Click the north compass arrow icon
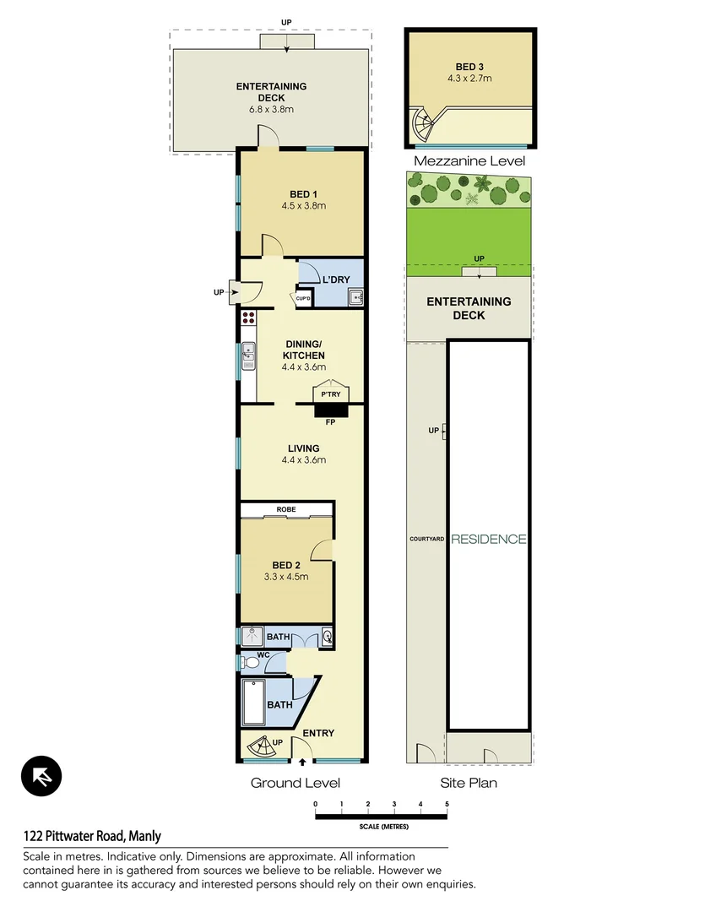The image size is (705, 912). tap(41, 776)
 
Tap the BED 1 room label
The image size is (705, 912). tap(303, 194)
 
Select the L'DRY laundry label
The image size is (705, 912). tap(330, 279)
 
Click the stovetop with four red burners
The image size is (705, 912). tap(248, 318)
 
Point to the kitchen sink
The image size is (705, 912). tap(248, 356)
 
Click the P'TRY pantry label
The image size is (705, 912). tap(329, 394)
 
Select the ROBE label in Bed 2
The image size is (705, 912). tap(286, 510)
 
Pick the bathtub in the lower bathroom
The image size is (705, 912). tap(254, 703)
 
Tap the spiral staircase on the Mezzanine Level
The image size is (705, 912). tap(422, 125)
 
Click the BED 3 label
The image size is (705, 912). tap(469, 66)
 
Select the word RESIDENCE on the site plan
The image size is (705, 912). tap(489, 539)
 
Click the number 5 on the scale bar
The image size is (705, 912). tap(447, 803)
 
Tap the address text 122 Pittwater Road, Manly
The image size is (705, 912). tap(92, 836)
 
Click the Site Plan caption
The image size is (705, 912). tap(469, 783)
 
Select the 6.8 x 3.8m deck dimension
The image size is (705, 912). tap(270, 110)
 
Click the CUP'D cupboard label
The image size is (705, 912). tap(303, 298)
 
